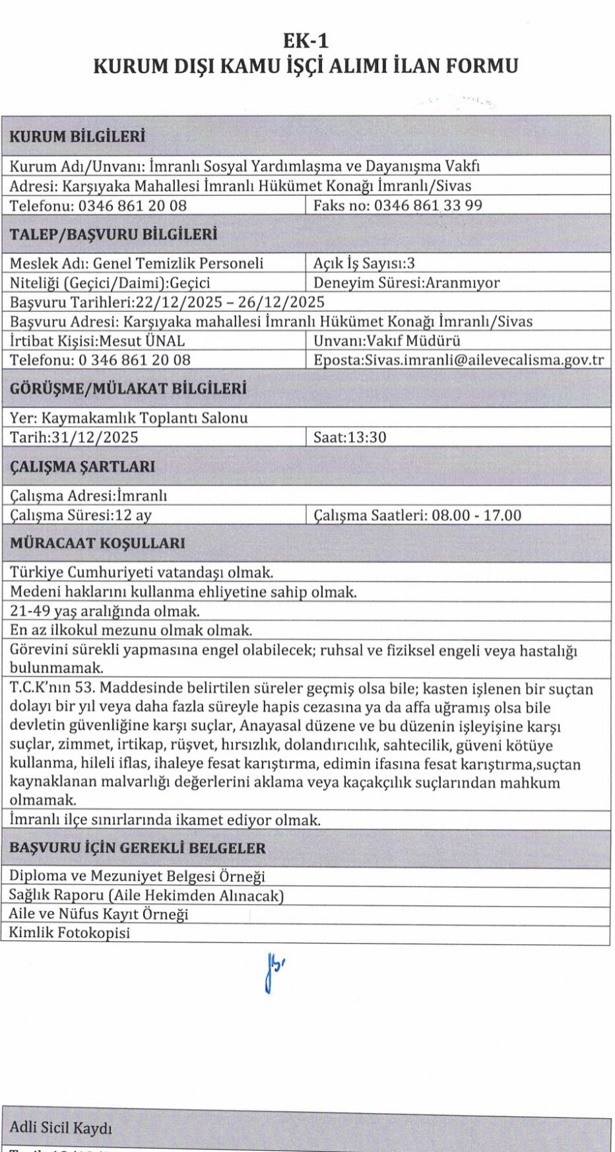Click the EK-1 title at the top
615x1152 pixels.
[x=306, y=41]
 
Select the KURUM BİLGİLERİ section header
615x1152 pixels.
[x=77, y=136]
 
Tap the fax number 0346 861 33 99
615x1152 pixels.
[x=428, y=205]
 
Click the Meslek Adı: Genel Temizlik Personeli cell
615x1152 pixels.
[x=137, y=263]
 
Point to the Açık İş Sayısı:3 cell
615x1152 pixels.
[x=364, y=263]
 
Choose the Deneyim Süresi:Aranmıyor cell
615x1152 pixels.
[x=406, y=283]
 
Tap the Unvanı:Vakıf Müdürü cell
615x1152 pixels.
[x=387, y=341]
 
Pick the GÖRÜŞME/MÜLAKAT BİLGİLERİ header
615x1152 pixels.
[x=128, y=388]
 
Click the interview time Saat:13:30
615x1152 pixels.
[x=350, y=437]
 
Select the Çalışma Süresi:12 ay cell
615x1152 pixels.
[x=81, y=515]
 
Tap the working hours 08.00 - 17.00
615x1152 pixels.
[x=476, y=515]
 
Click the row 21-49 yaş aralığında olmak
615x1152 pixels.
[x=105, y=611]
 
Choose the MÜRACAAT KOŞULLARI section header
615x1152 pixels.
[x=97, y=543]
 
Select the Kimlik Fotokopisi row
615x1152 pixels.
[x=69, y=932]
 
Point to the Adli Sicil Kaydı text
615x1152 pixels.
[x=61, y=1128]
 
